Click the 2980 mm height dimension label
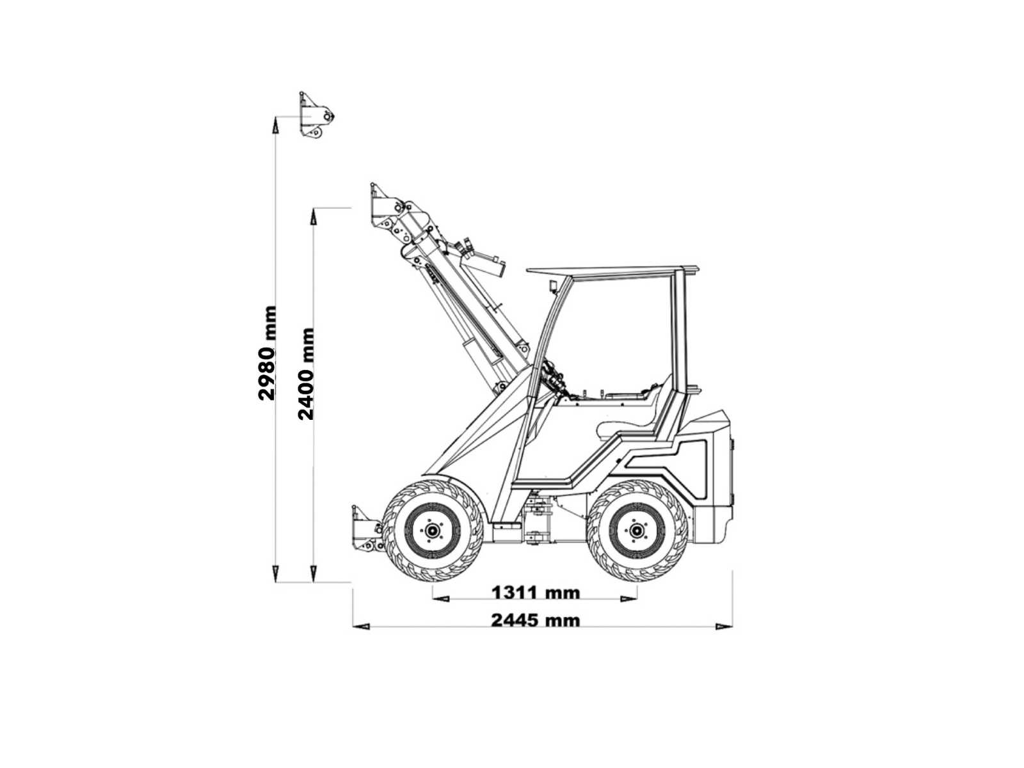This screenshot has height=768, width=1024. pyautogui.click(x=268, y=353)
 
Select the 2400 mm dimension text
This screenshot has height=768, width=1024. pyautogui.click(x=305, y=374)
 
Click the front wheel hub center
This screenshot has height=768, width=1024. pyautogui.click(x=431, y=531)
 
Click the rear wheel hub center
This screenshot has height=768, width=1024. pyautogui.click(x=636, y=530)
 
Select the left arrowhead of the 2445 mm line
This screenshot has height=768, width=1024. pyautogui.click(x=361, y=627)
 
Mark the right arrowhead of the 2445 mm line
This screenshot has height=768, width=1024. pyautogui.click(x=724, y=627)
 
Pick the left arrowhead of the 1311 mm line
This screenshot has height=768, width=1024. pyautogui.click(x=441, y=599)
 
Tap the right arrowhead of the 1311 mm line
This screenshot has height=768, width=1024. pyautogui.click(x=628, y=599)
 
